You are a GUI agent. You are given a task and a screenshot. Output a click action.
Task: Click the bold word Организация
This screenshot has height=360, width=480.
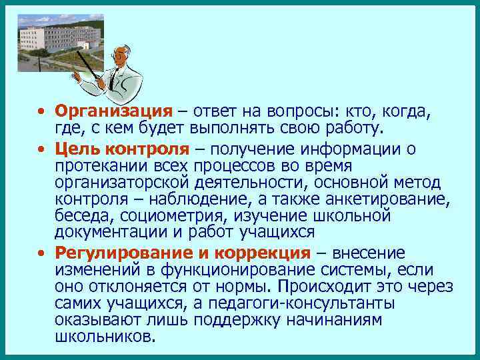point(113,111)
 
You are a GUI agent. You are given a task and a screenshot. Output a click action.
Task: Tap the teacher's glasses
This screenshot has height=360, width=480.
point(120,54)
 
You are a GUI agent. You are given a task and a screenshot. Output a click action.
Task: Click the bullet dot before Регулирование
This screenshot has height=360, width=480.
point(41,253)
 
